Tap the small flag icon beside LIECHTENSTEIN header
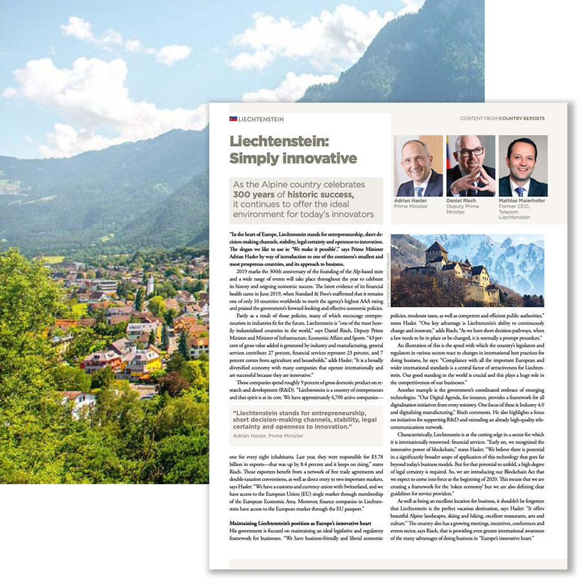tap(233, 119)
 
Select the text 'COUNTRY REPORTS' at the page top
tap(522, 119)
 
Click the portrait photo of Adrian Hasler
tap(419, 166)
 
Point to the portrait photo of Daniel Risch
tap(471, 166)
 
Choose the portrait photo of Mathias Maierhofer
tap(522, 166)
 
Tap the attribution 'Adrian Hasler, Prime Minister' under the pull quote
tap(268, 436)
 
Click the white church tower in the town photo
tap(150, 284)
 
